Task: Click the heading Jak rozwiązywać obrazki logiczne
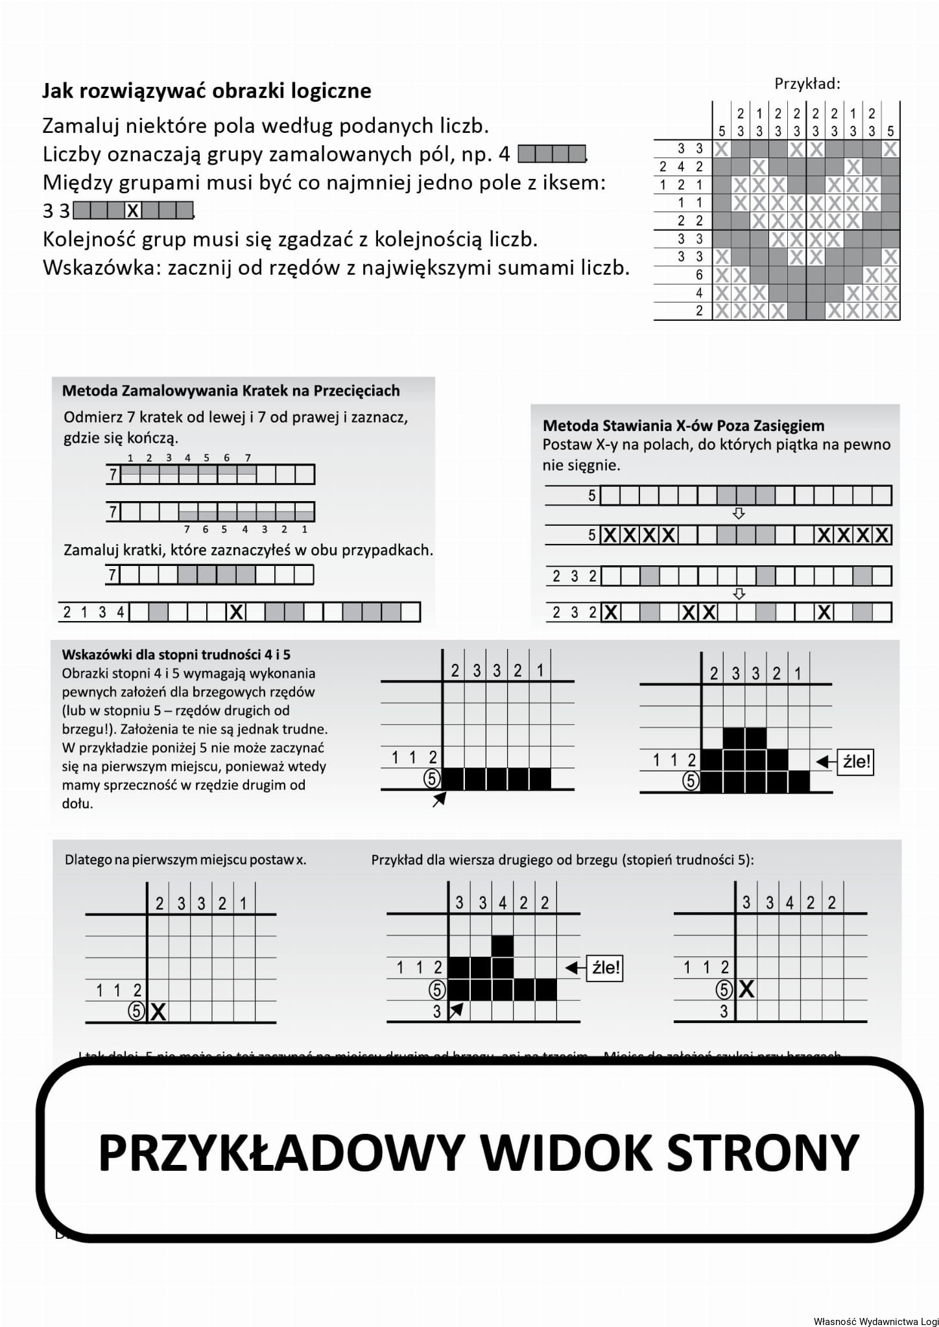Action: tap(206, 91)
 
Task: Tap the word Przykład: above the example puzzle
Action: tap(807, 84)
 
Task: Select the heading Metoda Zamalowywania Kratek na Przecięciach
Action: tap(230, 391)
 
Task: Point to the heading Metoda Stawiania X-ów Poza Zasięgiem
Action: tap(683, 426)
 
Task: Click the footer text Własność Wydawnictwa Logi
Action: tap(875, 1321)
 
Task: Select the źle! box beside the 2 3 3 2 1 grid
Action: tap(856, 762)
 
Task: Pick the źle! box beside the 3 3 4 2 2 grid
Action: tap(606, 968)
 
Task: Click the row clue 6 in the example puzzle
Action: tap(699, 275)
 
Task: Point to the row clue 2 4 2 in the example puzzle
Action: tap(681, 167)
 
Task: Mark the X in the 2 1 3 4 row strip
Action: tap(237, 612)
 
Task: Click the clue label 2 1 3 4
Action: tap(93, 612)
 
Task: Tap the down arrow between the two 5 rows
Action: tap(738, 513)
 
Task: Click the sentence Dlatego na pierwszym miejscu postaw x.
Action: tap(185, 860)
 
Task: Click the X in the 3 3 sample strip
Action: tap(133, 211)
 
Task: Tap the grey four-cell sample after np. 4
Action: tap(552, 154)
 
